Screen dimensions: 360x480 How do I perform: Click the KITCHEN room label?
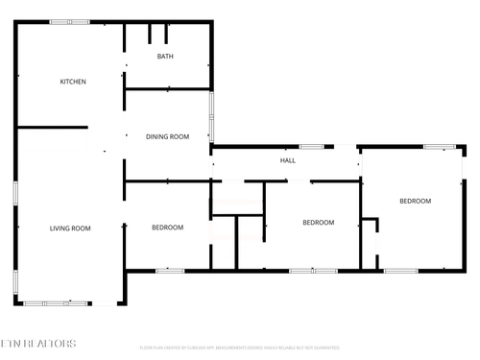[x=73, y=82]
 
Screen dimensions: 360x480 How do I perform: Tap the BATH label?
[x=165, y=57]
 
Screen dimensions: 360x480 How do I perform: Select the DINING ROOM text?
[x=167, y=137]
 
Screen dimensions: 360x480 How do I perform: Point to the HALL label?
[x=287, y=160]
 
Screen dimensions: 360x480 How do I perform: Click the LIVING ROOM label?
[x=70, y=228]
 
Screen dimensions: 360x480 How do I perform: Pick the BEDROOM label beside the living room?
[x=167, y=228]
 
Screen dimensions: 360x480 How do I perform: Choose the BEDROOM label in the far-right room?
[x=415, y=201]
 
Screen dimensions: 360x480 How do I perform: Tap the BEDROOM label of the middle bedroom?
[x=318, y=223]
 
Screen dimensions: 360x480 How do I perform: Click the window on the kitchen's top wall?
[x=69, y=22]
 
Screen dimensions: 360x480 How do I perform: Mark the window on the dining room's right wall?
[x=212, y=115]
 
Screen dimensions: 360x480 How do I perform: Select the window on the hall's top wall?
[x=310, y=147]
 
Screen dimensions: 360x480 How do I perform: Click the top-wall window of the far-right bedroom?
[x=440, y=147]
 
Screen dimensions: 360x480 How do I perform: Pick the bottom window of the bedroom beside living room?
[x=170, y=271]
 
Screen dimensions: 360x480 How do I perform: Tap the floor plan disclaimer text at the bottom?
[x=239, y=348]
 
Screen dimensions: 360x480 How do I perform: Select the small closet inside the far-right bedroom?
[x=370, y=244]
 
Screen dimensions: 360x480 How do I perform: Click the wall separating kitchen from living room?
[x=53, y=127]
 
